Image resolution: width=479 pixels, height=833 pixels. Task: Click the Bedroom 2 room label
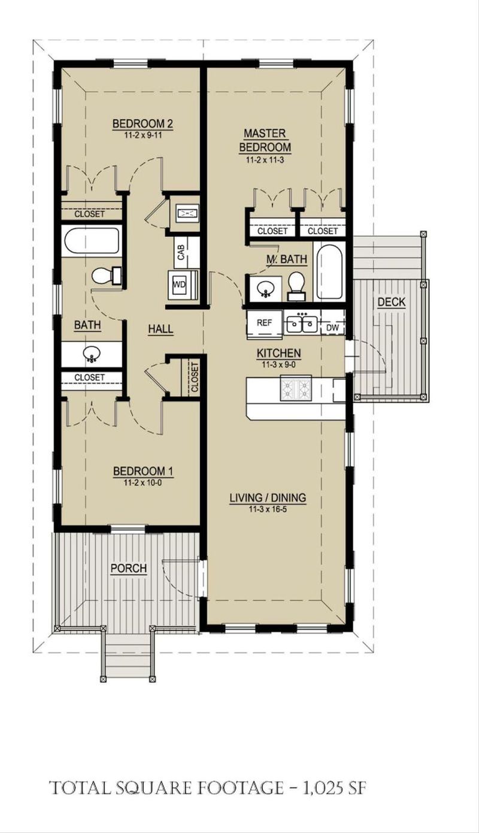point(143,124)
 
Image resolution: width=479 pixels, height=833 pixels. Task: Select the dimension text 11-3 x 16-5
point(268,508)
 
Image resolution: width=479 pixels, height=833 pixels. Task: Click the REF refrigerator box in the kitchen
point(265,322)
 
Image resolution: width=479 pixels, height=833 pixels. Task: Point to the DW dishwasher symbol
point(332,328)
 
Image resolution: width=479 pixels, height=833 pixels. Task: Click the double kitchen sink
point(301,324)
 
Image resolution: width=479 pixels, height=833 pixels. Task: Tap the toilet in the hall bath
point(106,275)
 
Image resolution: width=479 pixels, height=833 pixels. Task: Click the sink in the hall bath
point(91,355)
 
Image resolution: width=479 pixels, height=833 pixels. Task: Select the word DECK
point(391,302)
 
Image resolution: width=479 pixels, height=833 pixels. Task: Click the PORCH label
point(129,568)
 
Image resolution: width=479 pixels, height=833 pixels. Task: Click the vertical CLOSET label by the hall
point(195,377)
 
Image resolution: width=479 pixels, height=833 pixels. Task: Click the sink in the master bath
point(265,289)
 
